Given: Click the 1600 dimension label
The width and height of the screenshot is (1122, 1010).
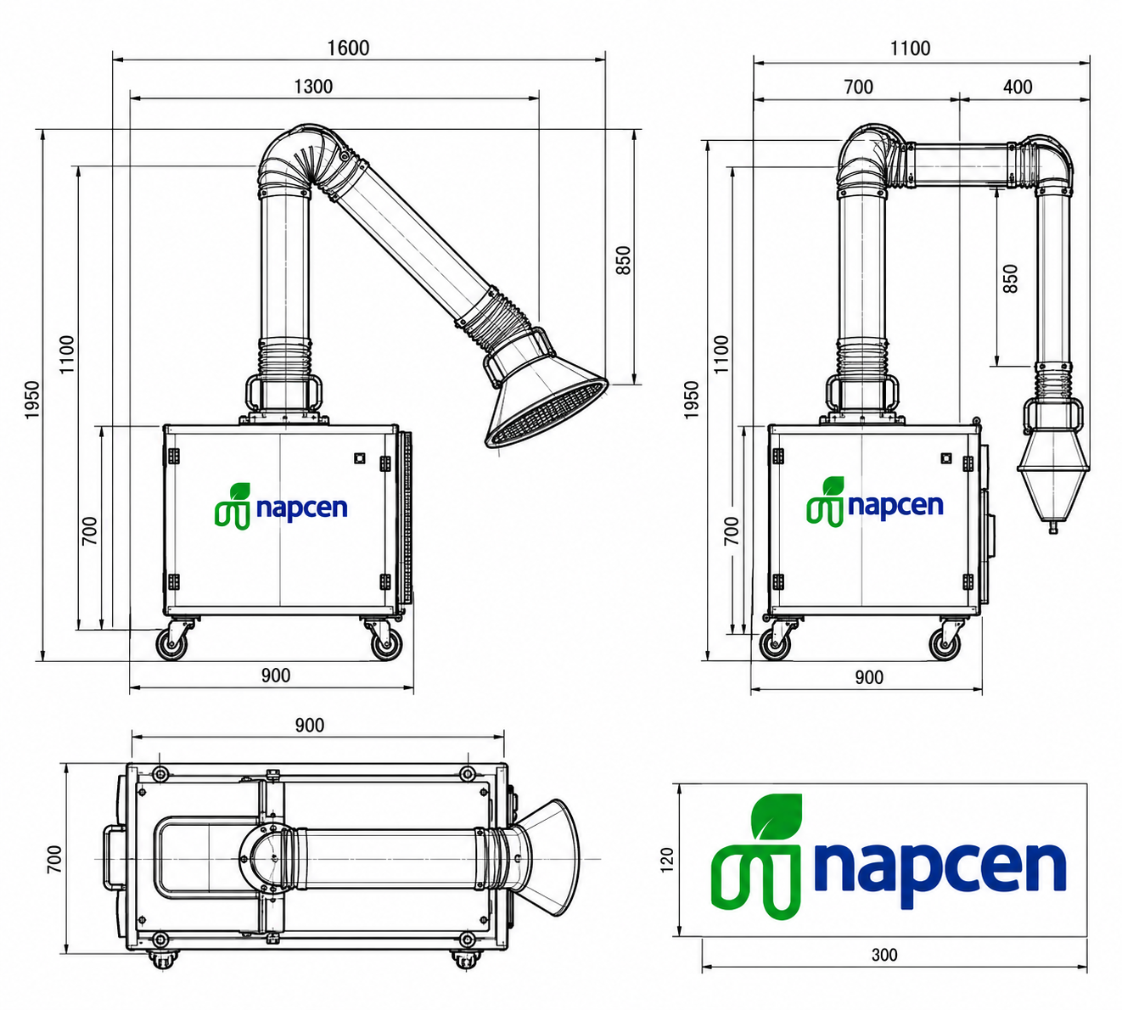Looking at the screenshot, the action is [348, 48].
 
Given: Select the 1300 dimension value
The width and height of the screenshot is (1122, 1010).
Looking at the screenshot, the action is [313, 87].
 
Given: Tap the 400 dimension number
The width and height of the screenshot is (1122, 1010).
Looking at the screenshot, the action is [1018, 87].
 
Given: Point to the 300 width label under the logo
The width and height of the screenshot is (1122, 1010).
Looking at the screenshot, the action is [884, 954].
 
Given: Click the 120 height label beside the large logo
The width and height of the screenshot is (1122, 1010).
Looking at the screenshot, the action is [667, 860].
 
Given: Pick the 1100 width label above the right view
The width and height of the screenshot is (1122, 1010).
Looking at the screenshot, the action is [910, 48].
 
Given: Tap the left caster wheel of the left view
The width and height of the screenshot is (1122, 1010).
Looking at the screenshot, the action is [171, 644].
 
